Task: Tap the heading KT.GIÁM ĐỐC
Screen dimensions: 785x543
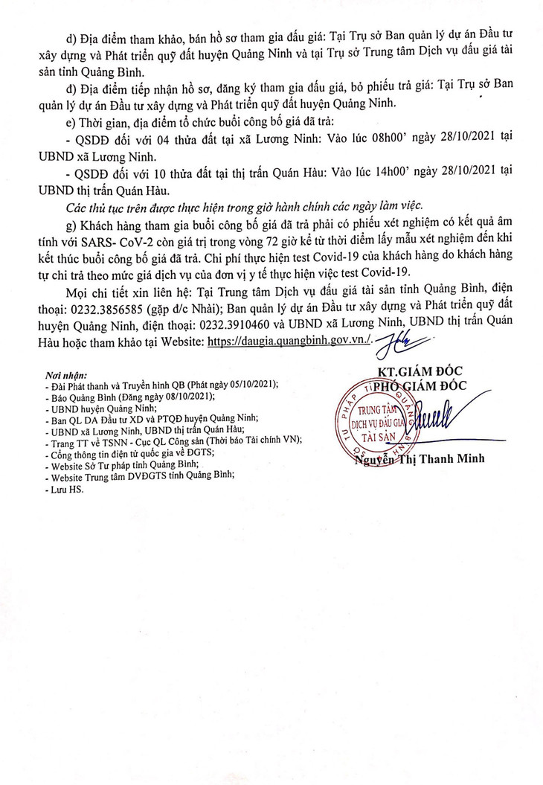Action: tap(420, 371)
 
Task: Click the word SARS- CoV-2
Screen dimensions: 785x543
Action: tap(129, 237)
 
